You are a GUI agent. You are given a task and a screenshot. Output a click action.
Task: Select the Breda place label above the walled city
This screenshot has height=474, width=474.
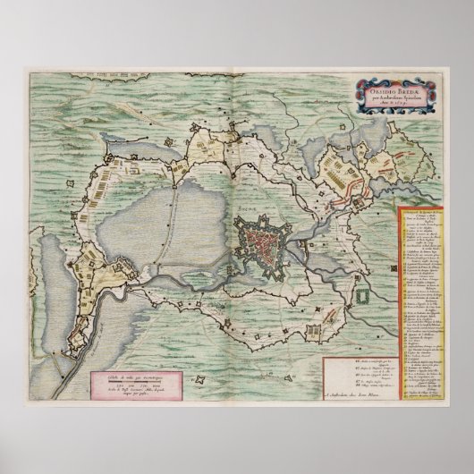tap(245, 206)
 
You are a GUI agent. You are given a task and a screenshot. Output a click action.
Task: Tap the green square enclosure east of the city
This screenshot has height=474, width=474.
tap(360, 292)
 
